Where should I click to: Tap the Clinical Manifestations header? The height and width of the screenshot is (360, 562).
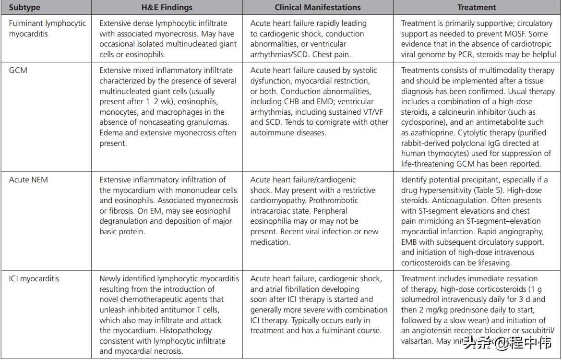click(x=318, y=8)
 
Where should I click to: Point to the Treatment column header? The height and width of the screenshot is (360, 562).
click(x=477, y=8)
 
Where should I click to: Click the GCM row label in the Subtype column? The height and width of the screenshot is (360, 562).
click(x=18, y=70)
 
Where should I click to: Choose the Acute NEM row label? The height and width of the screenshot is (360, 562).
click(x=28, y=180)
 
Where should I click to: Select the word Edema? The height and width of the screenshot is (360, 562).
click(x=110, y=133)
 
